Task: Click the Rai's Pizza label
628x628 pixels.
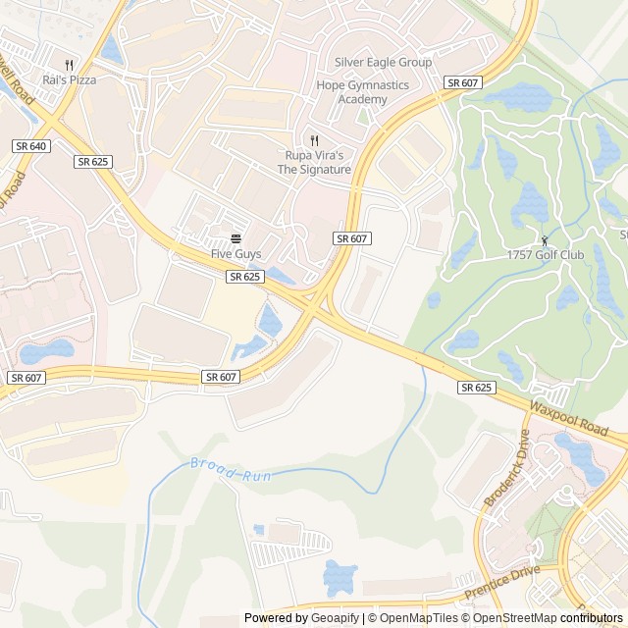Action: pos(69,79)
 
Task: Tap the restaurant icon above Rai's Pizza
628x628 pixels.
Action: pos(69,63)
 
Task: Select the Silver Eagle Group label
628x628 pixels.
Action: pos(383,62)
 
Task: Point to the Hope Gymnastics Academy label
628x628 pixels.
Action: pos(362,92)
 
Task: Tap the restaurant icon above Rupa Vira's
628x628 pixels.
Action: pos(314,140)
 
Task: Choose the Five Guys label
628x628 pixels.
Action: pos(236,254)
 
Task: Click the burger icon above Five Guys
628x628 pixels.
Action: pos(236,238)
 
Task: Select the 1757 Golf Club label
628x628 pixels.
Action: pos(545,255)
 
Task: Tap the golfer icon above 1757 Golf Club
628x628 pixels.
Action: pos(545,239)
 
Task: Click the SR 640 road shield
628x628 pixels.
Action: pos(31,145)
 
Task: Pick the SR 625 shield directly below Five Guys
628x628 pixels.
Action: pos(244,277)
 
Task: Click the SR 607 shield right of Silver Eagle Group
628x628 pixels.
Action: pos(461,83)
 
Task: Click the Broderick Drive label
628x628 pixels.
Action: pos(506,468)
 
